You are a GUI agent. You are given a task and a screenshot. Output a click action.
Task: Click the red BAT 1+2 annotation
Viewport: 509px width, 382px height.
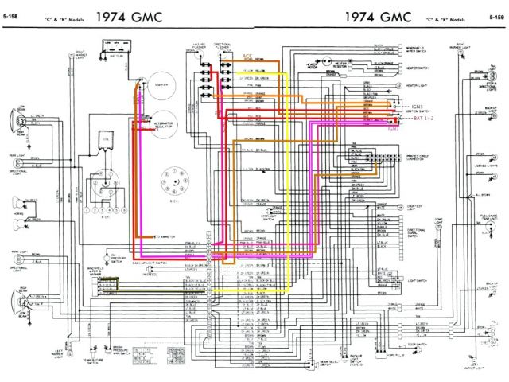425,119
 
